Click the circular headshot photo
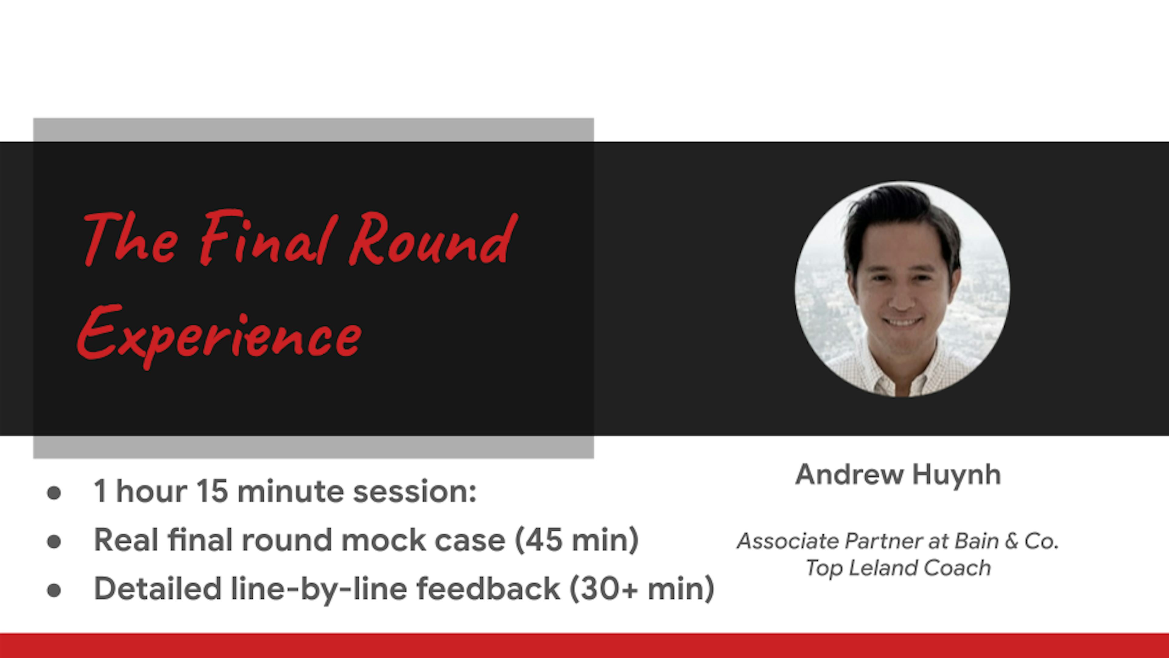click(902, 289)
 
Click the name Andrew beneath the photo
click(849, 475)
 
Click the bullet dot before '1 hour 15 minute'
click(54, 493)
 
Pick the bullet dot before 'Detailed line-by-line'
click(54, 590)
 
